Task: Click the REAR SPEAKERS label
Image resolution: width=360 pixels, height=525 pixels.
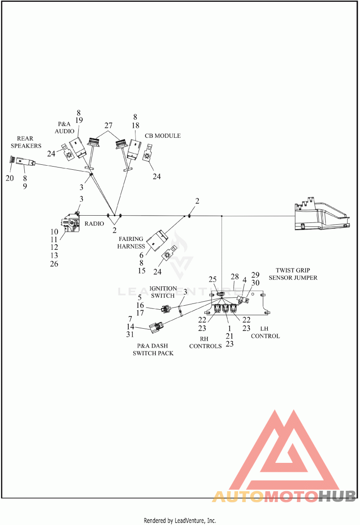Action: [x=26, y=142]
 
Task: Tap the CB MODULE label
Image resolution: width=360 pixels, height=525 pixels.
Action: [x=162, y=136]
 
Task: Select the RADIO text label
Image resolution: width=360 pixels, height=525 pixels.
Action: [x=94, y=223]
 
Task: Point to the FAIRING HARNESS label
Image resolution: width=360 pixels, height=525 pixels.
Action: [x=131, y=242]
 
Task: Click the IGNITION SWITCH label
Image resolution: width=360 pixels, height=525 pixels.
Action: [x=163, y=292]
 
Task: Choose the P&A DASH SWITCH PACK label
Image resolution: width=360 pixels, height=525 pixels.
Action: [x=153, y=349]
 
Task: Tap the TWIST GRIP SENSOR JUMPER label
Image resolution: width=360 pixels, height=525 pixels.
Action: [x=293, y=274]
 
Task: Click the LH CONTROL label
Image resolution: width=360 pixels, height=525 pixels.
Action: [x=265, y=332]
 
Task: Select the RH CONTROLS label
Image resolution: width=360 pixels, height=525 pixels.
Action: [x=206, y=343]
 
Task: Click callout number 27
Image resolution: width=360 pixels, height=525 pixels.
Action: [x=108, y=125]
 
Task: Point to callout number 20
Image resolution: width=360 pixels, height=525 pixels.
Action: [x=10, y=178]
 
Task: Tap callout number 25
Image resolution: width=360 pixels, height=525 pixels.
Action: [x=213, y=279]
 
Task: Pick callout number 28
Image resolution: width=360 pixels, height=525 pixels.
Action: [x=235, y=276]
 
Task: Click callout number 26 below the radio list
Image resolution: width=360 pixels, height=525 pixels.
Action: [x=54, y=264]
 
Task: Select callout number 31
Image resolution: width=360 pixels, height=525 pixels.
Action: [x=130, y=334]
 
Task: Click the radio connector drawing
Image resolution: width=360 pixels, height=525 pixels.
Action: [x=71, y=222]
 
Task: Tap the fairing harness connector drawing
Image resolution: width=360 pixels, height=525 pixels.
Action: [x=157, y=240]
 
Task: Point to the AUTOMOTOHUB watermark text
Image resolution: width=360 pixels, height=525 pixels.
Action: [x=284, y=496]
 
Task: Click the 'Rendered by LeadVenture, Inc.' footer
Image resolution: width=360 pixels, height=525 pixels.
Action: [x=180, y=520]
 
